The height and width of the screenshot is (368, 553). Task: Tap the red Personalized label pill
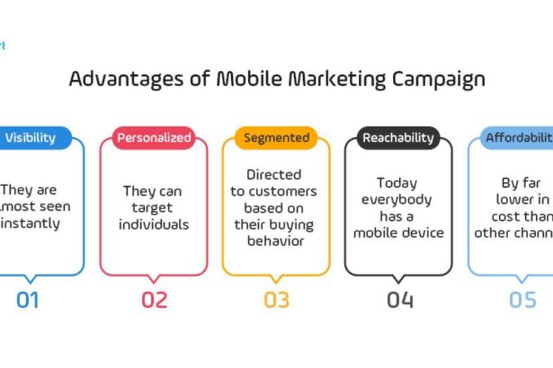click(153, 138)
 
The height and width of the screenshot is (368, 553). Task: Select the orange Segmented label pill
click(276, 138)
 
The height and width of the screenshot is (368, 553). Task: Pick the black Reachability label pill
click(398, 138)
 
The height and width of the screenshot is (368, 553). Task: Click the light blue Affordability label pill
click(518, 138)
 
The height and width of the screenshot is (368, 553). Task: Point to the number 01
click(28, 300)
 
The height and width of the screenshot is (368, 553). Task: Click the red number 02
click(154, 300)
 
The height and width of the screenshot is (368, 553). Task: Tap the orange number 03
click(276, 300)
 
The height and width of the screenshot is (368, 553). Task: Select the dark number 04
click(399, 300)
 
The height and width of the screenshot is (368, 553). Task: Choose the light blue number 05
click(522, 300)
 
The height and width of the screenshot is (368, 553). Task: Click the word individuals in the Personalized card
click(154, 223)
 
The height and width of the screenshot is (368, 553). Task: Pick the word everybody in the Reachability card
click(398, 198)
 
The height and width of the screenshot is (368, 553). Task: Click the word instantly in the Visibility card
click(31, 223)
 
